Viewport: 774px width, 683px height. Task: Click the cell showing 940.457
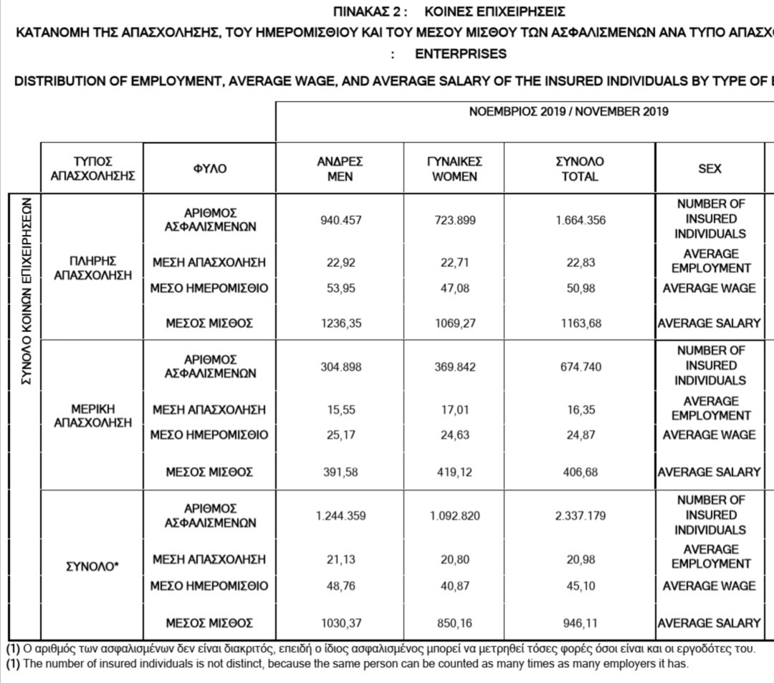[x=340, y=221]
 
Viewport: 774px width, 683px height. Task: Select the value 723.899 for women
[x=454, y=221]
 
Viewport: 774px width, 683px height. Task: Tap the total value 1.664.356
[x=580, y=221]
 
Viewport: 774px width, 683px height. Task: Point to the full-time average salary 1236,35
[x=340, y=324]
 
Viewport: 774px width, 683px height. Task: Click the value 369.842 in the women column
[x=454, y=367]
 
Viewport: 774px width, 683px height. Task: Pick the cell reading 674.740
[x=580, y=367]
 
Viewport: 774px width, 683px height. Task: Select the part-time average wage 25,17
[x=340, y=435]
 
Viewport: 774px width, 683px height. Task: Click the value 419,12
[x=454, y=473]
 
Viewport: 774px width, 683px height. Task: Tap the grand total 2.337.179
[x=580, y=515]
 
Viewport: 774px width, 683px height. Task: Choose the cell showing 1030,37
[x=340, y=624]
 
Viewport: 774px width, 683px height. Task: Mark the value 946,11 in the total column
[x=580, y=624]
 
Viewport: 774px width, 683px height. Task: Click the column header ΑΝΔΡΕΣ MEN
[x=340, y=169]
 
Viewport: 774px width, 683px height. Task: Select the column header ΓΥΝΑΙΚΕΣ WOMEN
[x=454, y=169]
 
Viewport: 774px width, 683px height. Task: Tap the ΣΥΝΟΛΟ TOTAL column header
[x=580, y=169]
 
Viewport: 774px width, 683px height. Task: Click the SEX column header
[x=709, y=169]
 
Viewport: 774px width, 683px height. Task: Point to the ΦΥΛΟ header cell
[x=209, y=169]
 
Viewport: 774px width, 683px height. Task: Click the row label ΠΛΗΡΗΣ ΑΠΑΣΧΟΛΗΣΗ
[x=92, y=268]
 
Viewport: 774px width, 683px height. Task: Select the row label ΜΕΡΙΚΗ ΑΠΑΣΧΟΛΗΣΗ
[x=92, y=415]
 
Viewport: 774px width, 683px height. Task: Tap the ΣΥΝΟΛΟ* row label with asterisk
[x=92, y=566]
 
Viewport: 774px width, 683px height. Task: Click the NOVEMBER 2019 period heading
[x=568, y=112]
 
